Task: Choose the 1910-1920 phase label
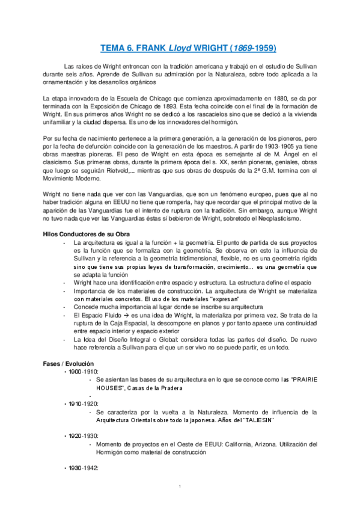pyautogui.click(x=84, y=403)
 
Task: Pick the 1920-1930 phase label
pyautogui.click(x=84, y=434)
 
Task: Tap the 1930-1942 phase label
pyautogui.click(x=84, y=467)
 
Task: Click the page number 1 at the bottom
pyautogui.click(x=180, y=486)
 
